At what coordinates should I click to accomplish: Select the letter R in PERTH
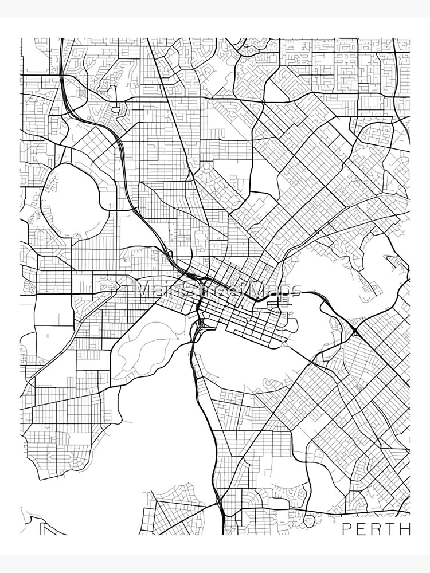(377, 528)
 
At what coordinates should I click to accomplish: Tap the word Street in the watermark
(215, 289)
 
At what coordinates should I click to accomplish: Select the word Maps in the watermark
(275, 289)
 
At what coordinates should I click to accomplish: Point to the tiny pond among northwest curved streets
(116, 108)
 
